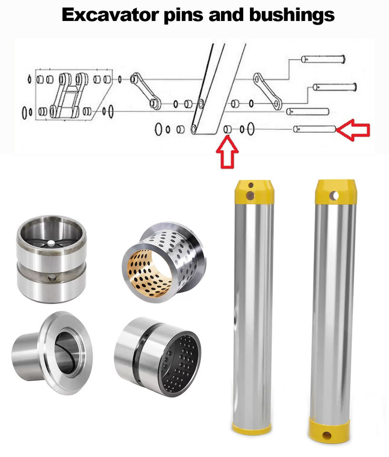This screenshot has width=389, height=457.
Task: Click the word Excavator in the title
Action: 110,15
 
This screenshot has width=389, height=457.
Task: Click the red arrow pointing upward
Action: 227,152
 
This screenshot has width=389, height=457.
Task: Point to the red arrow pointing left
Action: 353,129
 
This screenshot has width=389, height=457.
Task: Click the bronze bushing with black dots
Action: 164,260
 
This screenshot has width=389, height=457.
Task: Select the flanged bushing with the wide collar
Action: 52,353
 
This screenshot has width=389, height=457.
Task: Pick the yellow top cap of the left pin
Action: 254,191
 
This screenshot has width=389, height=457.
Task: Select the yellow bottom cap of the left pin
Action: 252,427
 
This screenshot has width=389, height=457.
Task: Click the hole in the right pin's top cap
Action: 334,196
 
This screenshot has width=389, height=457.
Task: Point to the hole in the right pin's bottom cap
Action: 327,436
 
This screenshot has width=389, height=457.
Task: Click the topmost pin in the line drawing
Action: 323,59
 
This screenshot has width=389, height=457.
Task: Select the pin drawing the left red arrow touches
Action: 315,129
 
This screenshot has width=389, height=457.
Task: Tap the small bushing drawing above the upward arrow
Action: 228,129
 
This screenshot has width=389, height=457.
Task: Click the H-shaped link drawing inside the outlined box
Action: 69,95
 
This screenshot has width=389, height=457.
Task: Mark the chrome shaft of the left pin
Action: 253,312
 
